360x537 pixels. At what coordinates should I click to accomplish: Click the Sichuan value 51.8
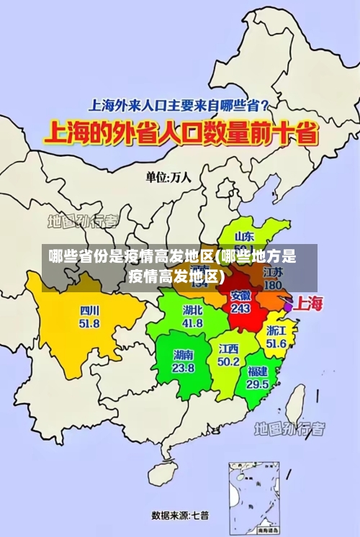[89, 323]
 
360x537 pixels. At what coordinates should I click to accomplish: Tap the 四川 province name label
[89, 311]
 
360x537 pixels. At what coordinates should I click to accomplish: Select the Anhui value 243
[240, 308]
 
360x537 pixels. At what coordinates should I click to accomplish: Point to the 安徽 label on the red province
[240, 295]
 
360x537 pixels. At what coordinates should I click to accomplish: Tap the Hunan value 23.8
[183, 367]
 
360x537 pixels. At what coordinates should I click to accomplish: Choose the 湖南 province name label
[183, 355]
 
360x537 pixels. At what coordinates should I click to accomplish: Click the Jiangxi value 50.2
[228, 361]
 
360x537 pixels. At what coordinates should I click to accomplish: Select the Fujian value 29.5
[257, 384]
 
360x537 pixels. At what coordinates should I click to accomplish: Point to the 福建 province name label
[257, 371]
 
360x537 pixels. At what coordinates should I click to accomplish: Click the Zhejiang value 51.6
[276, 343]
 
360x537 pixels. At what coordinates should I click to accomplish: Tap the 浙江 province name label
[276, 331]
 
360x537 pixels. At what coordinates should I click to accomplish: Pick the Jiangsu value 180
[273, 285]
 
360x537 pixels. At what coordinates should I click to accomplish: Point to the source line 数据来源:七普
[180, 515]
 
